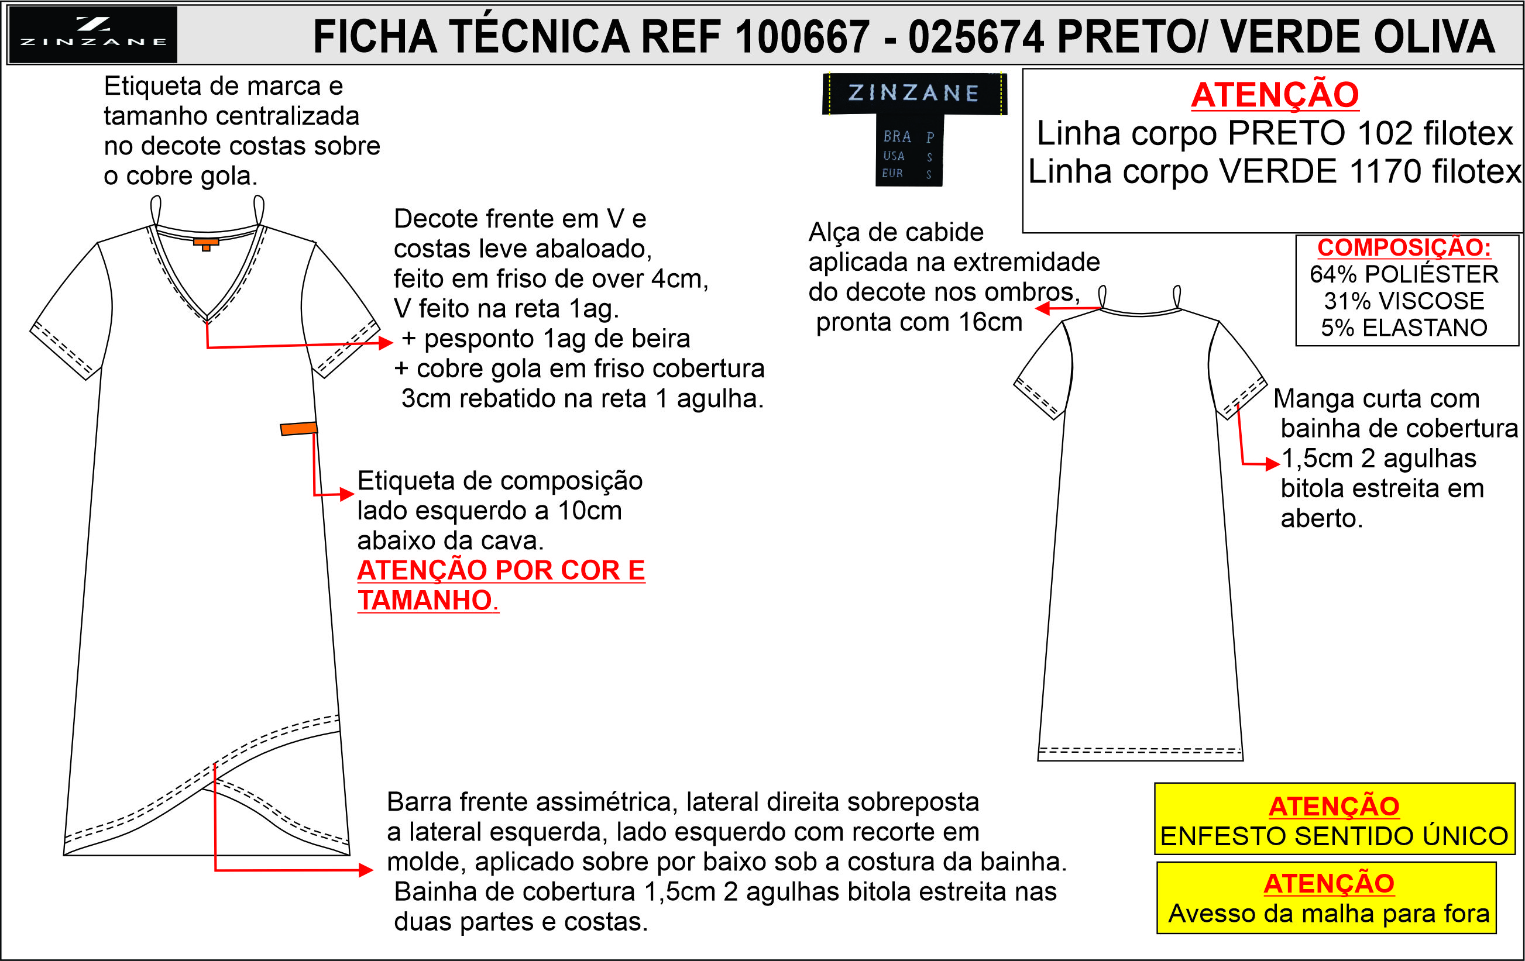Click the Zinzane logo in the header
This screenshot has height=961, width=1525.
(x=92, y=35)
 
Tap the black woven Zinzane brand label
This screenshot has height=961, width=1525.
(x=914, y=129)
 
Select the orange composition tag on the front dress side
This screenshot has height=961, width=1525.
(x=299, y=429)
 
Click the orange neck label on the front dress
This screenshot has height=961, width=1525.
(x=206, y=244)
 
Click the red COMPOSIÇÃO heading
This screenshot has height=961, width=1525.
(x=1404, y=247)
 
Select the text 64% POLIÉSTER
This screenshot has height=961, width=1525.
(x=1404, y=274)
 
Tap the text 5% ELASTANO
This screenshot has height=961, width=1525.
(x=1404, y=328)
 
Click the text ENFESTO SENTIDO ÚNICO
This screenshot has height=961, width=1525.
(x=1334, y=836)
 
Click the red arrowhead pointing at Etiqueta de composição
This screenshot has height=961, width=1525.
(x=347, y=494)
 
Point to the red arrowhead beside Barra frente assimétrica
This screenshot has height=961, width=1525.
(x=366, y=870)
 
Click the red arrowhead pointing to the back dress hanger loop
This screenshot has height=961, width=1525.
(x=1042, y=308)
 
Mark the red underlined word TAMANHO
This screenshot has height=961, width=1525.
(x=425, y=600)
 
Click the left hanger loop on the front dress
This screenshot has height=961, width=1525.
(x=155, y=209)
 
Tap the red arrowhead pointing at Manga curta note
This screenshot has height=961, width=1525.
(x=1273, y=464)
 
